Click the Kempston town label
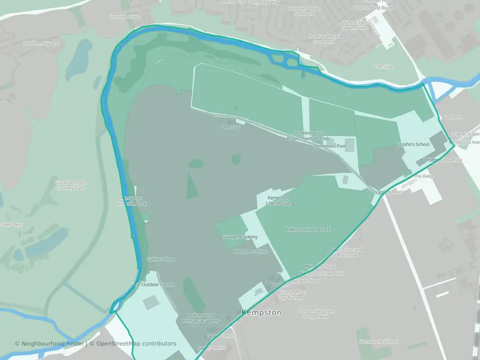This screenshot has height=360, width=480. pos(261,312)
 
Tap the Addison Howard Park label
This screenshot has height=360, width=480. pos(308,229)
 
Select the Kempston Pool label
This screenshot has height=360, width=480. pos(330,146)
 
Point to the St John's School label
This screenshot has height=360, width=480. pos(413,144)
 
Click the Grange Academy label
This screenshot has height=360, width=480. pos(240,236)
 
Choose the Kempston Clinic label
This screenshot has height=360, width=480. pos(250,251)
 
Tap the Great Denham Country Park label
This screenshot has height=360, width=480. pos(70,185)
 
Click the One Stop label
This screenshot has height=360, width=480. pos(231,127)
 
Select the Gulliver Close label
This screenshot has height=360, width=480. pos(160,259)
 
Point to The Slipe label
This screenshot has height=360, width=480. pos(384,66)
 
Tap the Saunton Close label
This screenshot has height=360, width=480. pos(124,16)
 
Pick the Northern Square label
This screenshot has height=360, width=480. pos(41,43)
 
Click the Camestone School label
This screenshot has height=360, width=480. pos(378,341)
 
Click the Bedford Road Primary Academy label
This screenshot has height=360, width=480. pos(200,318)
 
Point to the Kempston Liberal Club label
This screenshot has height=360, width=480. pos(278,200)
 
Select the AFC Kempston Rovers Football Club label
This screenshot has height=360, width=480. pos(311,135)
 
